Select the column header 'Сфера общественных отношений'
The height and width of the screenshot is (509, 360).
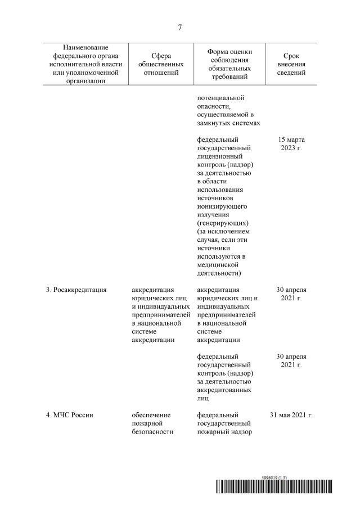point(161,64)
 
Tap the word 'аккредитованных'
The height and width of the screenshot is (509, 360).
point(224,389)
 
